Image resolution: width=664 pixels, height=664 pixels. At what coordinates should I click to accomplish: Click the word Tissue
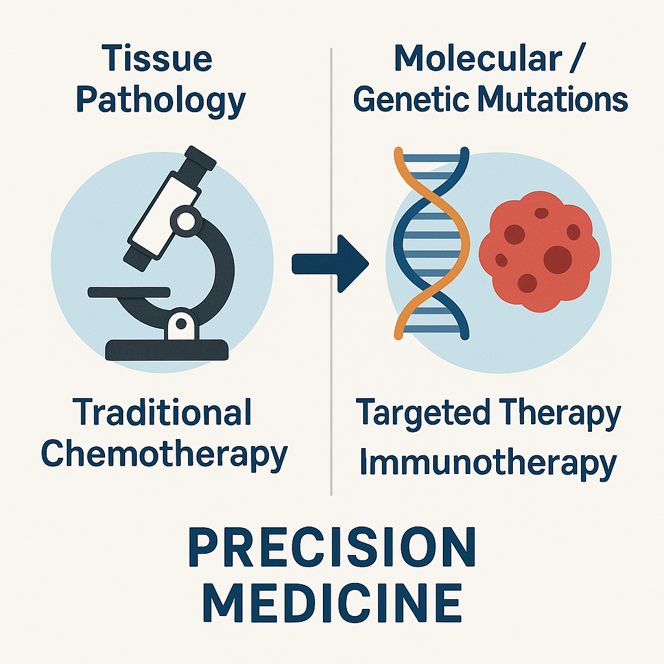pyautogui.click(x=157, y=58)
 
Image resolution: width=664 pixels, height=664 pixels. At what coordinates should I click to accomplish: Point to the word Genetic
pyautogui.click(x=411, y=100)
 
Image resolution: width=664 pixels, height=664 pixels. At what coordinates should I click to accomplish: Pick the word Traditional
pyautogui.click(x=161, y=412)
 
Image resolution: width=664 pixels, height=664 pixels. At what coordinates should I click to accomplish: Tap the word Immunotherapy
pyautogui.click(x=488, y=464)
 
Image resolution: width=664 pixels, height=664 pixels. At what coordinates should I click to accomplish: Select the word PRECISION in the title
pyautogui.click(x=333, y=547)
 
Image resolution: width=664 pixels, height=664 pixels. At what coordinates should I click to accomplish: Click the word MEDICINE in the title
pyautogui.click(x=333, y=602)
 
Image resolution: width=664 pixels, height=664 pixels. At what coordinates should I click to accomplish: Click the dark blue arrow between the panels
pyautogui.click(x=330, y=263)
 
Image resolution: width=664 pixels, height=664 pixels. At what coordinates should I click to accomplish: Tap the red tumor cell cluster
pyautogui.click(x=539, y=252)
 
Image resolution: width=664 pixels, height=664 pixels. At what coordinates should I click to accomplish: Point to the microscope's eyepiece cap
pyautogui.click(x=200, y=158)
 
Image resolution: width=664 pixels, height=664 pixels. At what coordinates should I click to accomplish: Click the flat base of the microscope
pyautogui.click(x=167, y=350)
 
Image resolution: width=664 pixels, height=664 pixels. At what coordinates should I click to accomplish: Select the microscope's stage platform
pyautogui.click(x=129, y=292)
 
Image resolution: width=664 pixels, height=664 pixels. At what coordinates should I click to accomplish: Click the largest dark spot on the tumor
pyautogui.click(x=558, y=259)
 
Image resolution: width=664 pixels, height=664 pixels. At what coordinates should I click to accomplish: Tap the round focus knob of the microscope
pyautogui.click(x=186, y=220)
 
